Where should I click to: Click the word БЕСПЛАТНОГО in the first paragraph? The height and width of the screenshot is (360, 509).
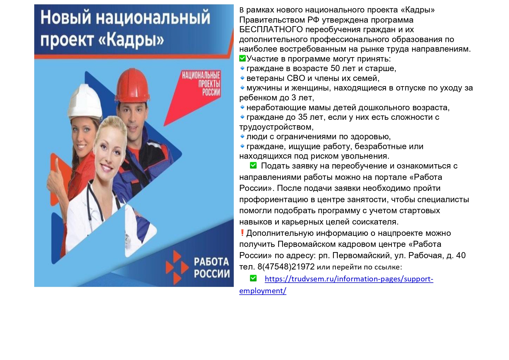271,30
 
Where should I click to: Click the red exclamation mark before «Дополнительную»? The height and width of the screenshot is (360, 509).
242,233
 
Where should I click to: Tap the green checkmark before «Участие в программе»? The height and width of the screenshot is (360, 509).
242,59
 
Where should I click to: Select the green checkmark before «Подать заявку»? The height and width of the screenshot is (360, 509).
253,165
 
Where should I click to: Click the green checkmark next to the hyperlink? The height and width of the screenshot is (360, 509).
253,278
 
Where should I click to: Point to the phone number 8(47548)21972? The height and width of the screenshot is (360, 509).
286,267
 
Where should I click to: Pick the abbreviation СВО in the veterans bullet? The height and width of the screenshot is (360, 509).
296,78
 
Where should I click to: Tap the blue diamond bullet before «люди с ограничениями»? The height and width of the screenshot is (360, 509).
242,136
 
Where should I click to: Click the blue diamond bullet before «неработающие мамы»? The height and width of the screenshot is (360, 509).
242,107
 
